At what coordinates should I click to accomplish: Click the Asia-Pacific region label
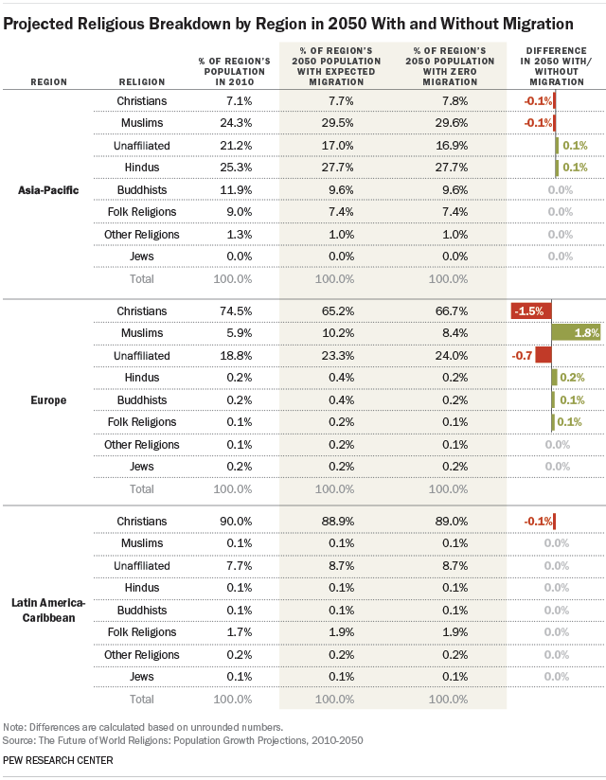(47, 190)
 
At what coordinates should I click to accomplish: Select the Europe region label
(47, 399)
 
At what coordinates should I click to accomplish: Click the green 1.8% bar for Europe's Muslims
(576, 332)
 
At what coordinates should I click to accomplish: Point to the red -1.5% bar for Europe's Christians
(530, 310)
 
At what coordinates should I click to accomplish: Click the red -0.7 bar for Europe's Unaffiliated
(543, 355)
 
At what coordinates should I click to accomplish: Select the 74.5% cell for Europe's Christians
(233, 310)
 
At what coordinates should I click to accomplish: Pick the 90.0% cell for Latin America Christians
(233, 521)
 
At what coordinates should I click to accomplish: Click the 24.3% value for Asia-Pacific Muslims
(233, 122)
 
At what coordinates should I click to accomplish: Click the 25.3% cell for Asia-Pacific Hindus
(233, 168)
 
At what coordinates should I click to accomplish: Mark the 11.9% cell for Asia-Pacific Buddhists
(233, 189)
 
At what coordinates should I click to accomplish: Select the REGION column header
(48, 81)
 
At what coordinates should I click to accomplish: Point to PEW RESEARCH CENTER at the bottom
(59, 760)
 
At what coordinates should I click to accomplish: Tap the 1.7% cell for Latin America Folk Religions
(233, 632)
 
